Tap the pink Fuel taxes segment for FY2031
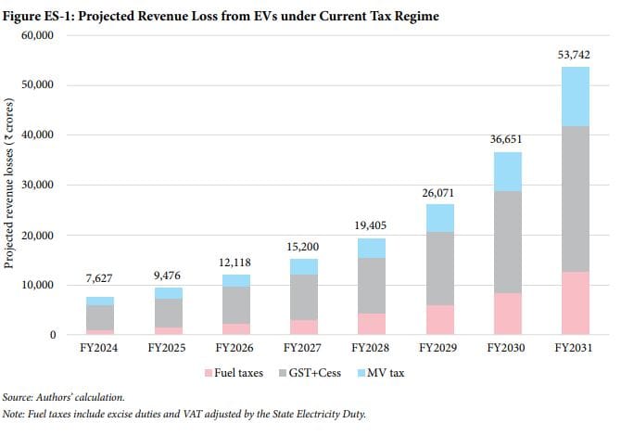coord(575,302)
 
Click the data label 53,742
coord(575,57)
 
